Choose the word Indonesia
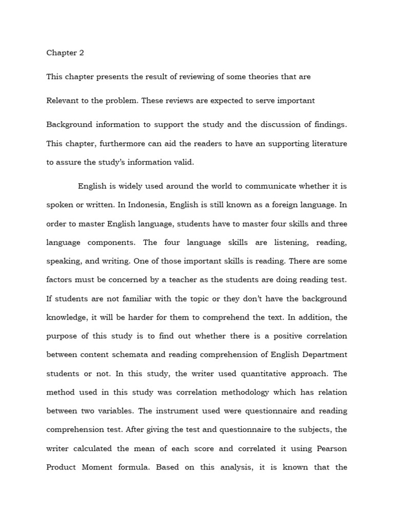(142, 204)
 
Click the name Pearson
(328, 449)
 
